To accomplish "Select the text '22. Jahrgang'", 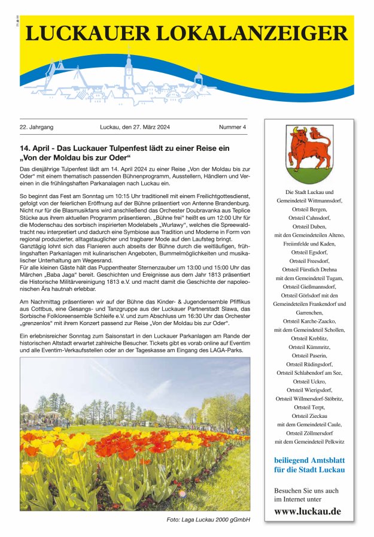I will pyautogui.click(x=37, y=128).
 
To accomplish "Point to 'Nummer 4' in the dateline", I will pyautogui.click(x=232, y=128).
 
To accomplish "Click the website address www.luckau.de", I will pyautogui.click(x=307, y=511).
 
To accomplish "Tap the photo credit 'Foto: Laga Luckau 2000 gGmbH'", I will pyautogui.click(x=208, y=520).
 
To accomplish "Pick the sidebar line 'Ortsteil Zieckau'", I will pyautogui.click(x=309, y=416).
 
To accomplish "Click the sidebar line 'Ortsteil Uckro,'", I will pyautogui.click(x=309, y=381).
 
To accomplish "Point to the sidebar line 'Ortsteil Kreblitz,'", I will pyautogui.click(x=309, y=338).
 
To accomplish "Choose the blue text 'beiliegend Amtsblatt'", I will pyautogui.click(x=309, y=460).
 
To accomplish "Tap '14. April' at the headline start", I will pyautogui.click(x=34, y=147).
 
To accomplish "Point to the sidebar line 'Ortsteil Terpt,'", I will pyautogui.click(x=309, y=407).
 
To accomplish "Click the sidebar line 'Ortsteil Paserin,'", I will pyautogui.click(x=309, y=356).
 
